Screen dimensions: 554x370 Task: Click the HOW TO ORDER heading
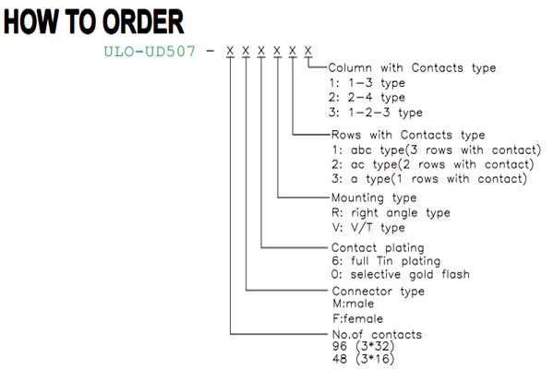93,22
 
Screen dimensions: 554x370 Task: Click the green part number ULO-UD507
150,52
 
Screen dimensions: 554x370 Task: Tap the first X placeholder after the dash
230,51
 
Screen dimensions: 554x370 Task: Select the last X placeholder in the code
308,51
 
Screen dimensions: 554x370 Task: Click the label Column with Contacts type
412,67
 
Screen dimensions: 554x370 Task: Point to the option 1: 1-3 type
367,83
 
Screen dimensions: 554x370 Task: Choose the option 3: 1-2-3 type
376,113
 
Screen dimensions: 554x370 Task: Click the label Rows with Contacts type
408,135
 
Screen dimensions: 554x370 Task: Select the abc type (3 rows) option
437,150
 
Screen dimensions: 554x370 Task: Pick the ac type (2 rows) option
433,164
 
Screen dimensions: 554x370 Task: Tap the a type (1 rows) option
429,179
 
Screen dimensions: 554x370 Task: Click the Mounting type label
374,198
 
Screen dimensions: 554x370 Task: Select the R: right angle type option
391,213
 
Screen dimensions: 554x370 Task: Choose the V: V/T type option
368,228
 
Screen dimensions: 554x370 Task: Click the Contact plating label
378,248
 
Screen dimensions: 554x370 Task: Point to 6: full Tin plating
386,261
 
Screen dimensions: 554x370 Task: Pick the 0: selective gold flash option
401,274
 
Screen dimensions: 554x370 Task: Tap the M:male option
353,304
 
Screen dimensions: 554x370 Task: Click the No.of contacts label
377,334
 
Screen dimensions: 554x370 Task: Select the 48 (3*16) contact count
363,359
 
